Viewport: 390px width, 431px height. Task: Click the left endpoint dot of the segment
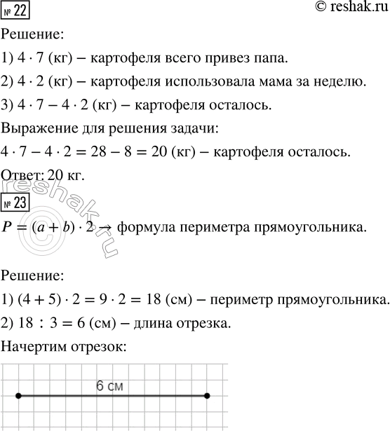click(18, 396)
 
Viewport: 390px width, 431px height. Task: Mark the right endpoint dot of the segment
click(207, 396)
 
